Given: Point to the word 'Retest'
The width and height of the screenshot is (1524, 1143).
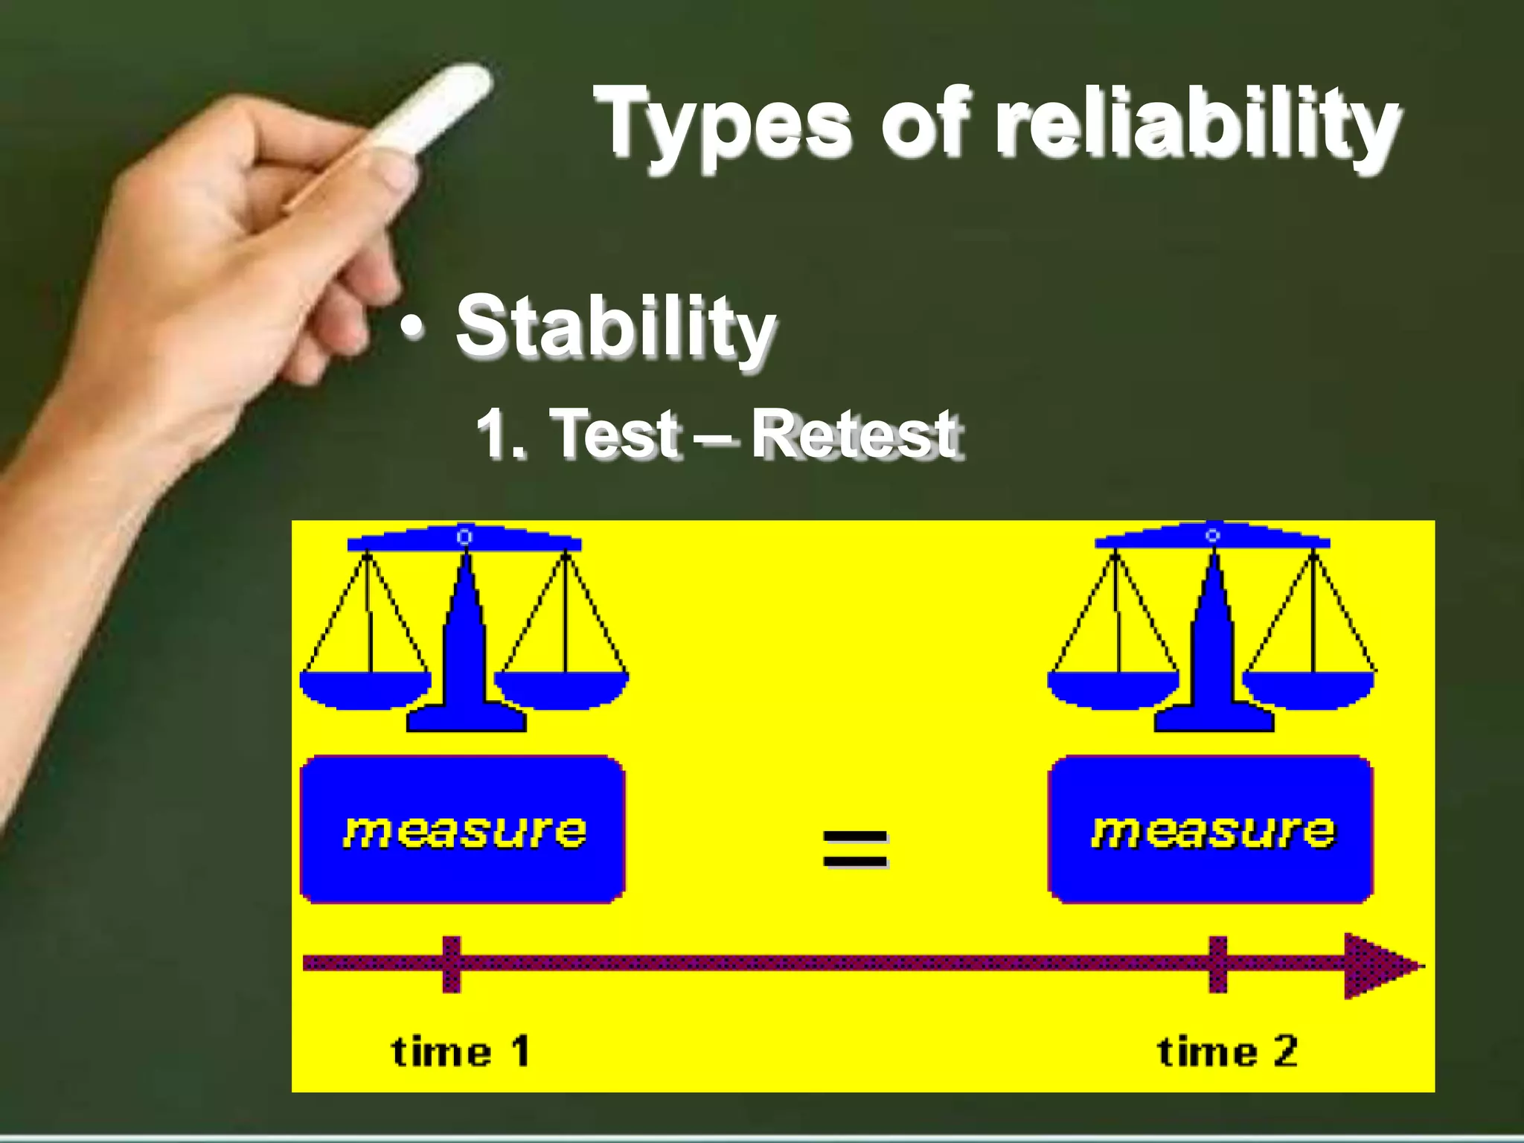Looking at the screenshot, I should (x=856, y=435).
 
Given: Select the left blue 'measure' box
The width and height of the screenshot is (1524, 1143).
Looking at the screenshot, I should (x=462, y=830).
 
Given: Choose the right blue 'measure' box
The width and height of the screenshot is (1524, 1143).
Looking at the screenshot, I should (x=1210, y=830).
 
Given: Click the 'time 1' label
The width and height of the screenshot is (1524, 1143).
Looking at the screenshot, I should (x=461, y=1051).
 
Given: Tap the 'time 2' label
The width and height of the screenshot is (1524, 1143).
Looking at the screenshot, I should (x=1227, y=1051).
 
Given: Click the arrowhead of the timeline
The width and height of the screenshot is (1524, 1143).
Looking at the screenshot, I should (x=1380, y=966).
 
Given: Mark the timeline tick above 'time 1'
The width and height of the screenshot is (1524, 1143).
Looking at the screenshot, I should (x=452, y=964).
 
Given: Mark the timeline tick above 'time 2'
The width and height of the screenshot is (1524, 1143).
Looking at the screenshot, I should (x=1217, y=964).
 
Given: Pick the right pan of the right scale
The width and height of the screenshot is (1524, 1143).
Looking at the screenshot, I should (x=1308, y=689).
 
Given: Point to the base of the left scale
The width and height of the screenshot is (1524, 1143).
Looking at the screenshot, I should (x=466, y=717).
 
